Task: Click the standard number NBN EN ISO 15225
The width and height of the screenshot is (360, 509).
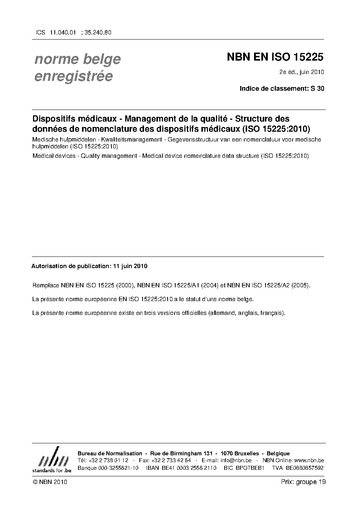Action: (x=275, y=57)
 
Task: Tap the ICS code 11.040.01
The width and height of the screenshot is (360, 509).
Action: (x=63, y=32)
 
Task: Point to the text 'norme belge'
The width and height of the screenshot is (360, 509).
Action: (x=78, y=59)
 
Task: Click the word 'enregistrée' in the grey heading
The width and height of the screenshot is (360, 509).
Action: (x=74, y=77)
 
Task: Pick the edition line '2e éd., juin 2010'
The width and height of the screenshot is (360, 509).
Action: (x=301, y=72)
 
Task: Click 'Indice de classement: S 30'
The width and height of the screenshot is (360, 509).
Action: (x=282, y=88)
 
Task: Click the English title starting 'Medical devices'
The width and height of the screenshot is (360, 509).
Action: (x=171, y=156)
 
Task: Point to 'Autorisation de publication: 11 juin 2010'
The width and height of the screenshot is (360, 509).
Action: (x=89, y=266)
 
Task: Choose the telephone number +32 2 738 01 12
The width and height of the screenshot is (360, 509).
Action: (x=108, y=461)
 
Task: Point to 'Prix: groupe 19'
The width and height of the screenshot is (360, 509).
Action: (x=303, y=482)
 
